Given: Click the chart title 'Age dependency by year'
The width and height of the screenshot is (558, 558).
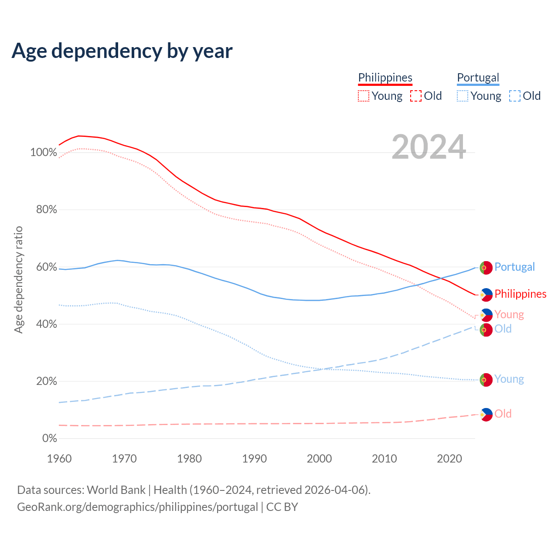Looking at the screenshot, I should click(122, 51).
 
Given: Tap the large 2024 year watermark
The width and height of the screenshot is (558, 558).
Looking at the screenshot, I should click(429, 147).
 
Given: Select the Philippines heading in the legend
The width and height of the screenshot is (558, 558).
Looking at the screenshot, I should click(385, 78).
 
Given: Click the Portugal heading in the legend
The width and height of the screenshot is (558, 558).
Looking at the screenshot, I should click(478, 78).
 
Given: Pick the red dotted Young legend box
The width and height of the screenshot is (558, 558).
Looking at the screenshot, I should click(364, 96).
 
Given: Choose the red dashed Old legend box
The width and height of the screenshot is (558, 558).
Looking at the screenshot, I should click(416, 96).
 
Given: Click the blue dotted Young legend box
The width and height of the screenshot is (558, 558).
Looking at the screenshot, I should click(463, 96).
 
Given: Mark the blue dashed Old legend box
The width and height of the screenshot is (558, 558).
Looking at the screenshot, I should click(515, 96).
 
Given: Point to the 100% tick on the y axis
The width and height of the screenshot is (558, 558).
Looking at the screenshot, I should click(44, 153).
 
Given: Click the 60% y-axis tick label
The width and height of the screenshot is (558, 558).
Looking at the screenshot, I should click(46, 267).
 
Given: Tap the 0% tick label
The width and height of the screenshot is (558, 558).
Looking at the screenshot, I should click(49, 438).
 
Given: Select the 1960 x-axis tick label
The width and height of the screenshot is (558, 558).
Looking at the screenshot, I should click(59, 459).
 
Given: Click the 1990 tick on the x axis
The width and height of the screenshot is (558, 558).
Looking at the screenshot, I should click(255, 459).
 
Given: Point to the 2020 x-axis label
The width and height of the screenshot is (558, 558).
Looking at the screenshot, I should click(449, 459).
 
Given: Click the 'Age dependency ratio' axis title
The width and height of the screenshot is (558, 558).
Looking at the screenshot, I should click(18, 279).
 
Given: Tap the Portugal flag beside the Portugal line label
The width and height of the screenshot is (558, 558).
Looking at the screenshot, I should click(486, 268).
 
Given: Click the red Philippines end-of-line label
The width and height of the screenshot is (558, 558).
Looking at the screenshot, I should click(520, 294).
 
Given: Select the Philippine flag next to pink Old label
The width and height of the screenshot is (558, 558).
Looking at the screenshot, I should click(486, 415).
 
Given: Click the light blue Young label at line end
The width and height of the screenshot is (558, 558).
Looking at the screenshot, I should click(509, 379).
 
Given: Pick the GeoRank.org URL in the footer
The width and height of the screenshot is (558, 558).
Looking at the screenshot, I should click(137, 507).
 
